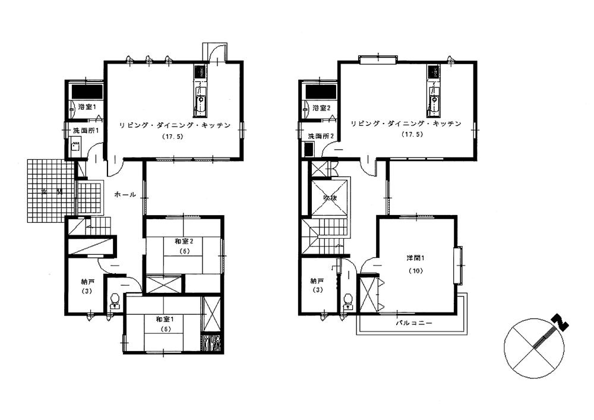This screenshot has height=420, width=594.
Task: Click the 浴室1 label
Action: pyautogui.click(x=87, y=107)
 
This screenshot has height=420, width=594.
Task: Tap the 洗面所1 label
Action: pyautogui.click(x=86, y=131)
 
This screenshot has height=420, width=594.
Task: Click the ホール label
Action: pyautogui.click(x=125, y=194)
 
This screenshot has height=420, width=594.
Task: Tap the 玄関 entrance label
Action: pyautogui.click(x=51, y=192)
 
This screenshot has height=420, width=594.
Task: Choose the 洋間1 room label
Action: pyautogui.click(x=415, y=258)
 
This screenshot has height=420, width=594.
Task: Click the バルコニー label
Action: pyautogui.click(x=415, y=323)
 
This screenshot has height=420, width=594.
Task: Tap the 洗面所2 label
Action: pyautogui.click(x=320, y=137)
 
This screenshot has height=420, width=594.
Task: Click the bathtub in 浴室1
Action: pyautogui.click(x=87, y=91)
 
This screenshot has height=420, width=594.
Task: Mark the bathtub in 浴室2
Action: pyautogui.click(x=320, y=92)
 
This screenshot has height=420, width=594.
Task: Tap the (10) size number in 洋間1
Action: pyautogui.click(x=415, y=270)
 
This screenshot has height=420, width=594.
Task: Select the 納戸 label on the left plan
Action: pyautogui.click(x=87, y=282)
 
